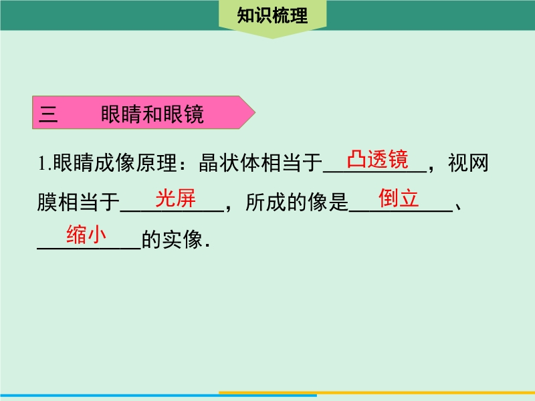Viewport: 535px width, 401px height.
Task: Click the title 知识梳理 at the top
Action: click(272, 15)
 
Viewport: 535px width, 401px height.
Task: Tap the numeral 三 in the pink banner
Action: click(48, 114)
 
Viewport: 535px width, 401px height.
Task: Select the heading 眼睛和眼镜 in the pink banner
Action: click(152, 114)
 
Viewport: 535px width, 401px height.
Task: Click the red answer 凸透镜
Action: click(377, 159)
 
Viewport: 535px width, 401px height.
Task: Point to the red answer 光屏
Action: click(175, 198)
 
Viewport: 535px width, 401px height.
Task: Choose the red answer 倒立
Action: click(398, 198)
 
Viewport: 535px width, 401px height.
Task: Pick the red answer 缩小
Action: click(86, 235)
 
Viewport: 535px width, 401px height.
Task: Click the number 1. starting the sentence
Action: click(44, 163)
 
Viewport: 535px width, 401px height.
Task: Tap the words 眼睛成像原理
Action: click(115, 162)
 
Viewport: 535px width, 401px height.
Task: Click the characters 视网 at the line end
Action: click(468, 162)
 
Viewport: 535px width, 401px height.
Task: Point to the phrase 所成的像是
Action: click(297, 202)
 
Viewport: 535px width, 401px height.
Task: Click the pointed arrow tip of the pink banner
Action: click(255, 112)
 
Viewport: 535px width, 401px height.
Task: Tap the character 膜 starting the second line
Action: click(47, 202)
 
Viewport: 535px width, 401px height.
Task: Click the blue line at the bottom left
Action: click(158, 396)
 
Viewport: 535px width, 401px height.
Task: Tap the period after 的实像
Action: click(208, 245)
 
